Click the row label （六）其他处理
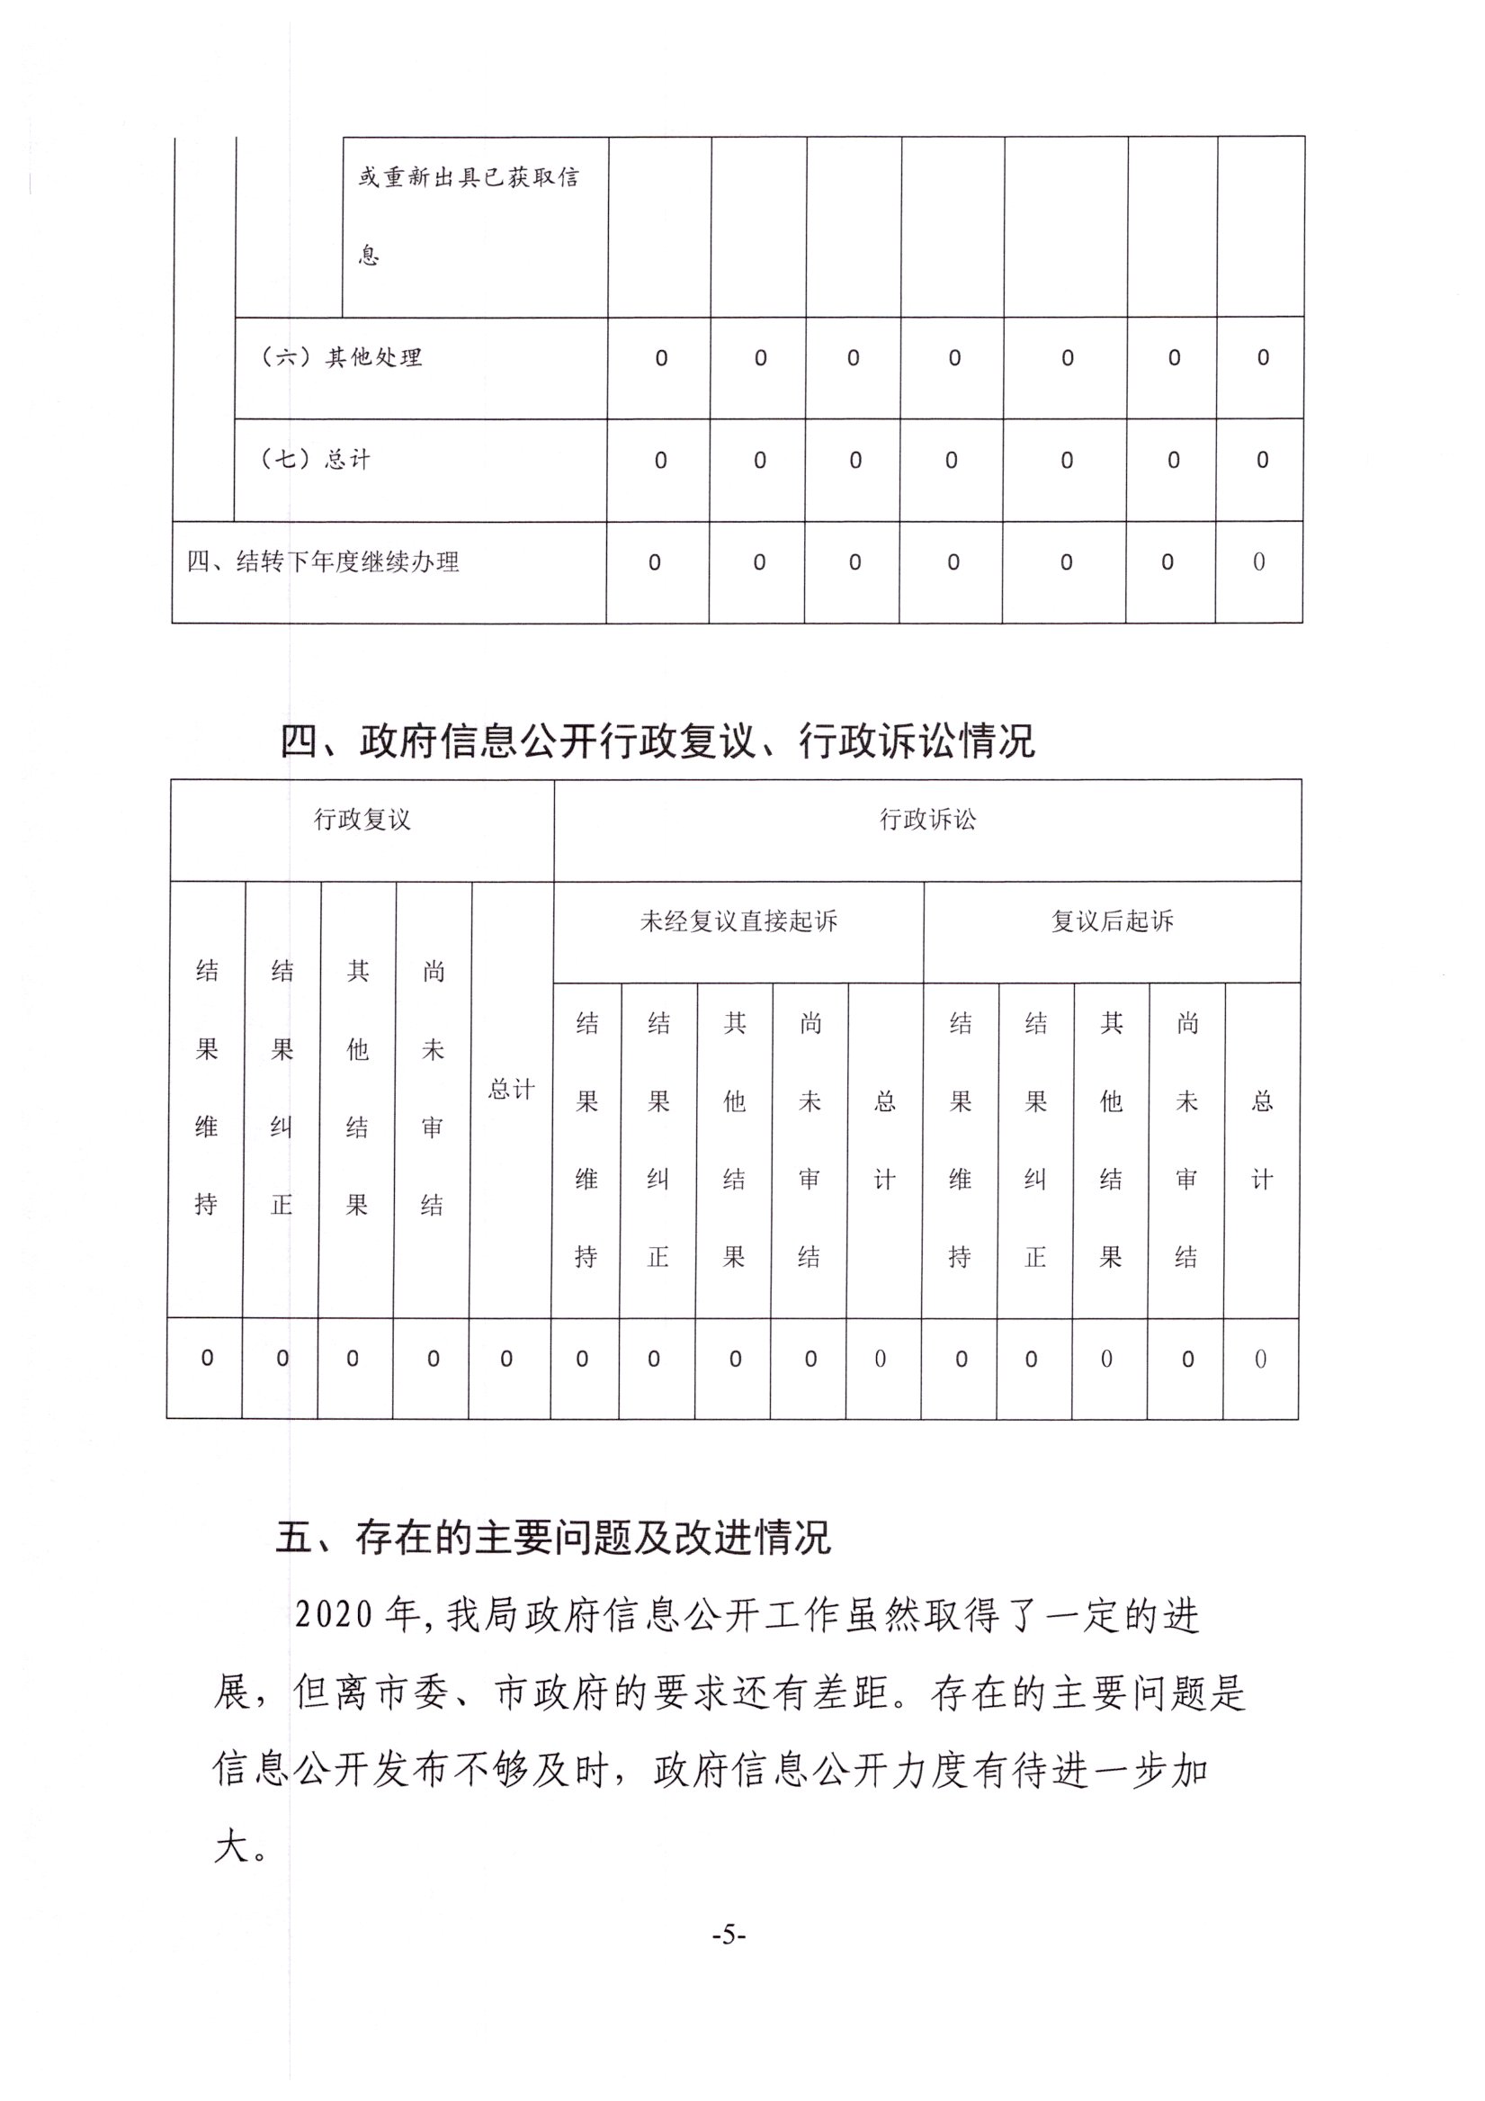[x=341, y=357]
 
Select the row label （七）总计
[x=316, y=460]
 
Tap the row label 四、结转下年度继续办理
[x=323, y=561]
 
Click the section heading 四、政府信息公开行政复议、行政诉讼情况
[x=657, y=741]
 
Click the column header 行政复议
[x=362, y=820]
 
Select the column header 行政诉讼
[x=927, y=820]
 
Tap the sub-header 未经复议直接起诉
[x=738, y=921]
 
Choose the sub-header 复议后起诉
[x=1112, y=921]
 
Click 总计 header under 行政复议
[x=511, y=1089]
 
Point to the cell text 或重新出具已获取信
[x=469, y=177]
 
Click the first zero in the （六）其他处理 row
[x=660, y=359]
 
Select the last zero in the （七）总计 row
[x=1262, y=461]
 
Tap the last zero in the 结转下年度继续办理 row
[x=1259, y=561]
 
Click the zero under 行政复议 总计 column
[x=506, y=1360]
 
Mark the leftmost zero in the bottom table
[x=207, y=1359]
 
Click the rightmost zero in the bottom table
[x=1260, y=1360]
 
